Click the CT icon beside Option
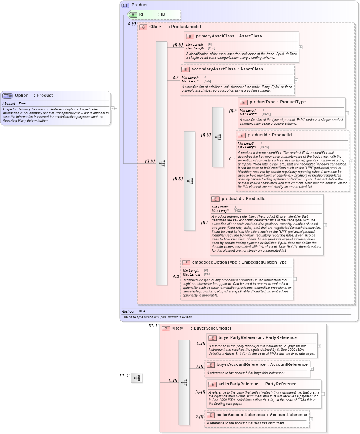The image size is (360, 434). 7,96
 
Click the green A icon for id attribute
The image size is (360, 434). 133,15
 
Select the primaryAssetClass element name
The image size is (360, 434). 213,36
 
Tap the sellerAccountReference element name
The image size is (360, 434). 241,415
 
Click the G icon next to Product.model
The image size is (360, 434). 143,27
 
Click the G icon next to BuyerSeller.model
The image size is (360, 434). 165,328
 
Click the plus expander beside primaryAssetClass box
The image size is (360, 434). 300,48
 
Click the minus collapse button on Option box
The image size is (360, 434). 112,108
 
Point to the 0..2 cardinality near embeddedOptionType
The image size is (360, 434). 176,277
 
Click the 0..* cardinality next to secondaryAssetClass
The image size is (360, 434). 176,78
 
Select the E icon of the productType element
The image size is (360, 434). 244,103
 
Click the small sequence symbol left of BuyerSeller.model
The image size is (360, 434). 137,378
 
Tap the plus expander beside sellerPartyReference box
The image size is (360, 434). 323,394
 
